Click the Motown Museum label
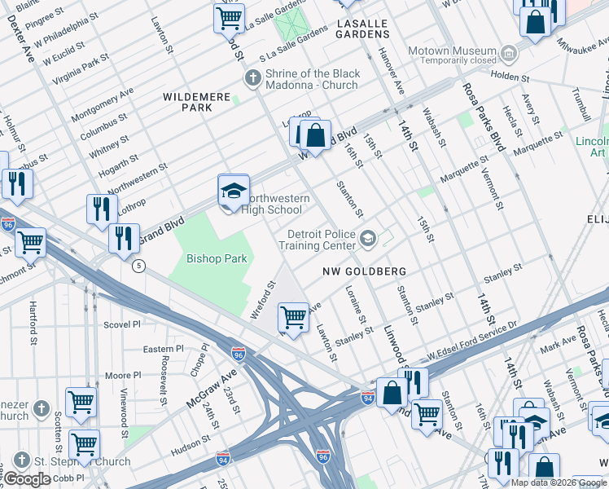click(451, 51)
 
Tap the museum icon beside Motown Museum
click(509, 54)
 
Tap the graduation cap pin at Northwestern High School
click(234, 192)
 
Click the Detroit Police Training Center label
click(316, 240)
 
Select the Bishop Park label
click(217, 258)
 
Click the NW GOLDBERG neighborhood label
click(363, 271)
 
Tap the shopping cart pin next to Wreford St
click(293, 318)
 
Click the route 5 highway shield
click(139, 266)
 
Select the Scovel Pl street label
click(123, 324)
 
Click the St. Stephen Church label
click(82, 461)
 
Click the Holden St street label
click(510, 79)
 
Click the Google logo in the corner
click(27, 479)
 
